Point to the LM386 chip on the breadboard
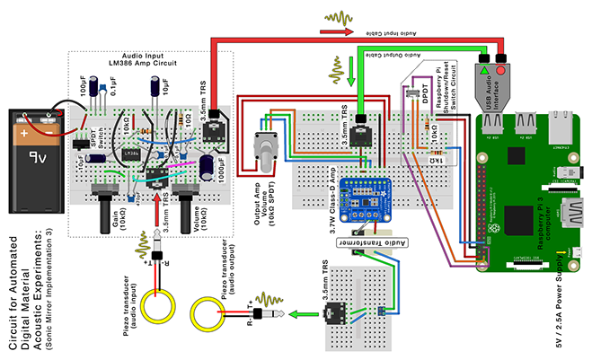pos(131,154)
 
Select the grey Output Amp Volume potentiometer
pos(266,149)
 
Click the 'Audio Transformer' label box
pos(371,242)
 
